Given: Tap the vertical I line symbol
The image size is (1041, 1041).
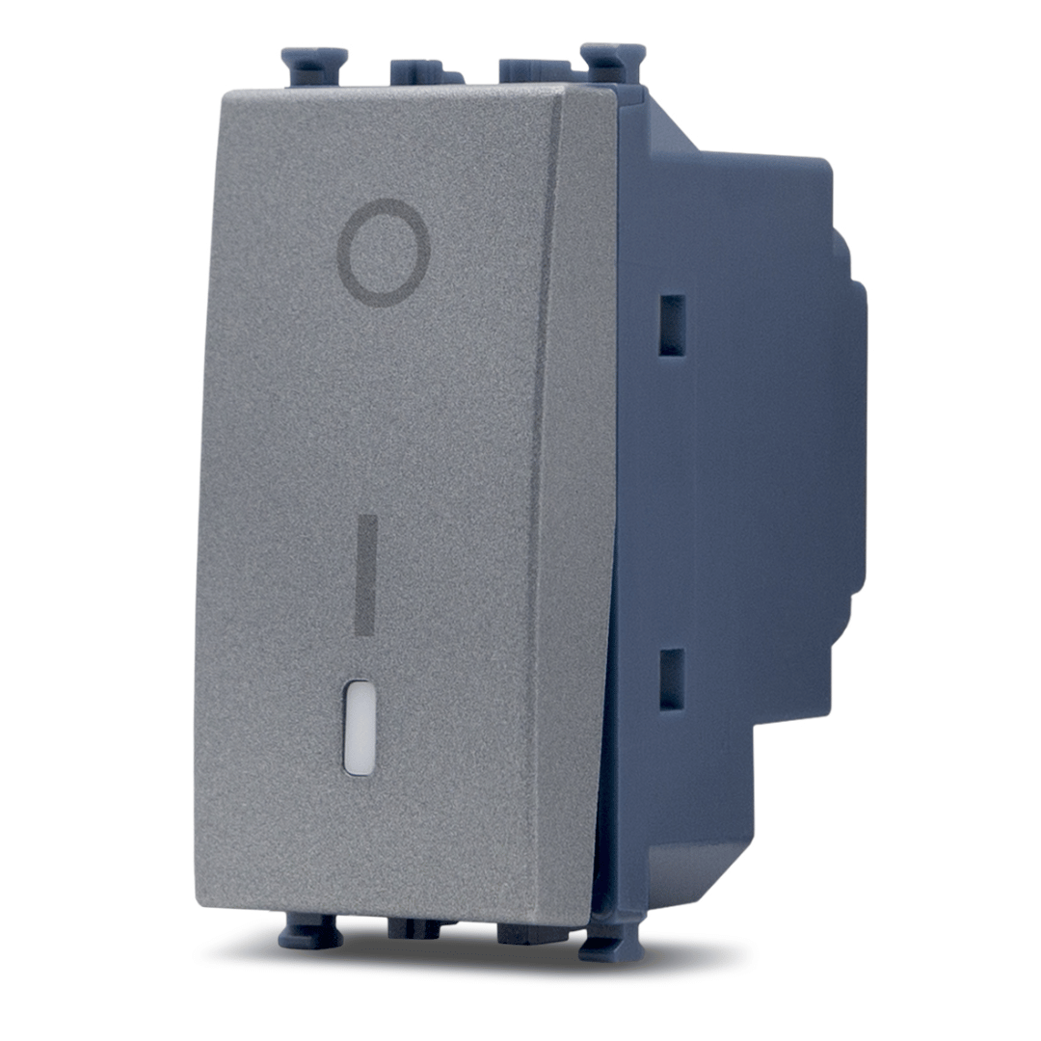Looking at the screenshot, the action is [366, 574].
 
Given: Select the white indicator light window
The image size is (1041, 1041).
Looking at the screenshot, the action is [359, 727].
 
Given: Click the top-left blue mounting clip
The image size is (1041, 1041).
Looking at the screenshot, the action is [314, 67].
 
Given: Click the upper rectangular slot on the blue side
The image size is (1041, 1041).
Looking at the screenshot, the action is [672, 326].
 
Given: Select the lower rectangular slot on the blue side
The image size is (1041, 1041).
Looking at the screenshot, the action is [672, 680].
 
